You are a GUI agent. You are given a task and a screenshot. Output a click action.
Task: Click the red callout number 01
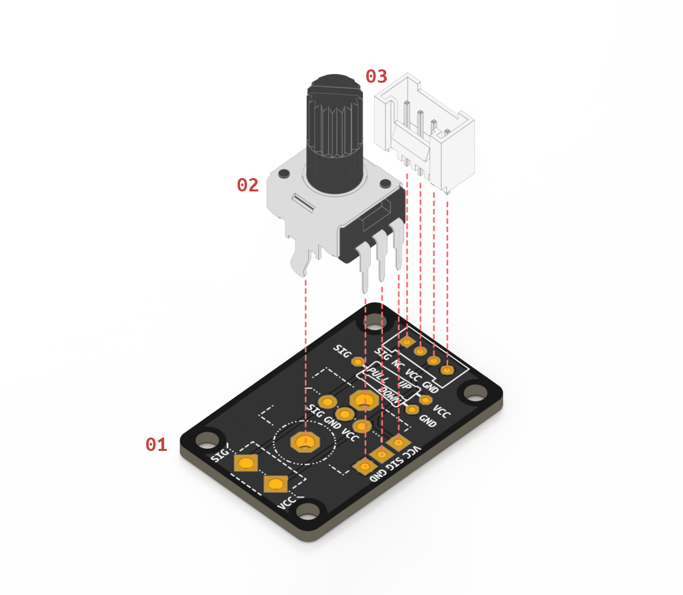pyautogui.click(x=156, y=445)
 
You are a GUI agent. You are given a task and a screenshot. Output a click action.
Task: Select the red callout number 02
pyautogui.click(x=247, y=185)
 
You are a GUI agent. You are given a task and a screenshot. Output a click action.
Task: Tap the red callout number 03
pyautogui.click(x=376, y=77)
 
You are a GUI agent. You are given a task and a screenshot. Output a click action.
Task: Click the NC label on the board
pyautogui.click(x=397, y=364)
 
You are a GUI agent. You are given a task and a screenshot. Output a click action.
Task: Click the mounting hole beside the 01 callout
pyautogui.click(x=207, y=439)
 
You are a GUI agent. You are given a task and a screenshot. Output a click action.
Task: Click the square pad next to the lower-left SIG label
pyautogui.click(x=245, y=463)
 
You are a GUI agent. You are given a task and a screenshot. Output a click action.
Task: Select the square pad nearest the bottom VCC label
pyautogui.click(x=275, y=484)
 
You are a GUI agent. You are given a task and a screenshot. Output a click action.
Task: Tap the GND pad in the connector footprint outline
pyautogui.click(x=446, y=370)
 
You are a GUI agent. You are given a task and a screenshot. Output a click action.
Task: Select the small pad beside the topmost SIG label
pyautogui.click(x=358, y=362)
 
